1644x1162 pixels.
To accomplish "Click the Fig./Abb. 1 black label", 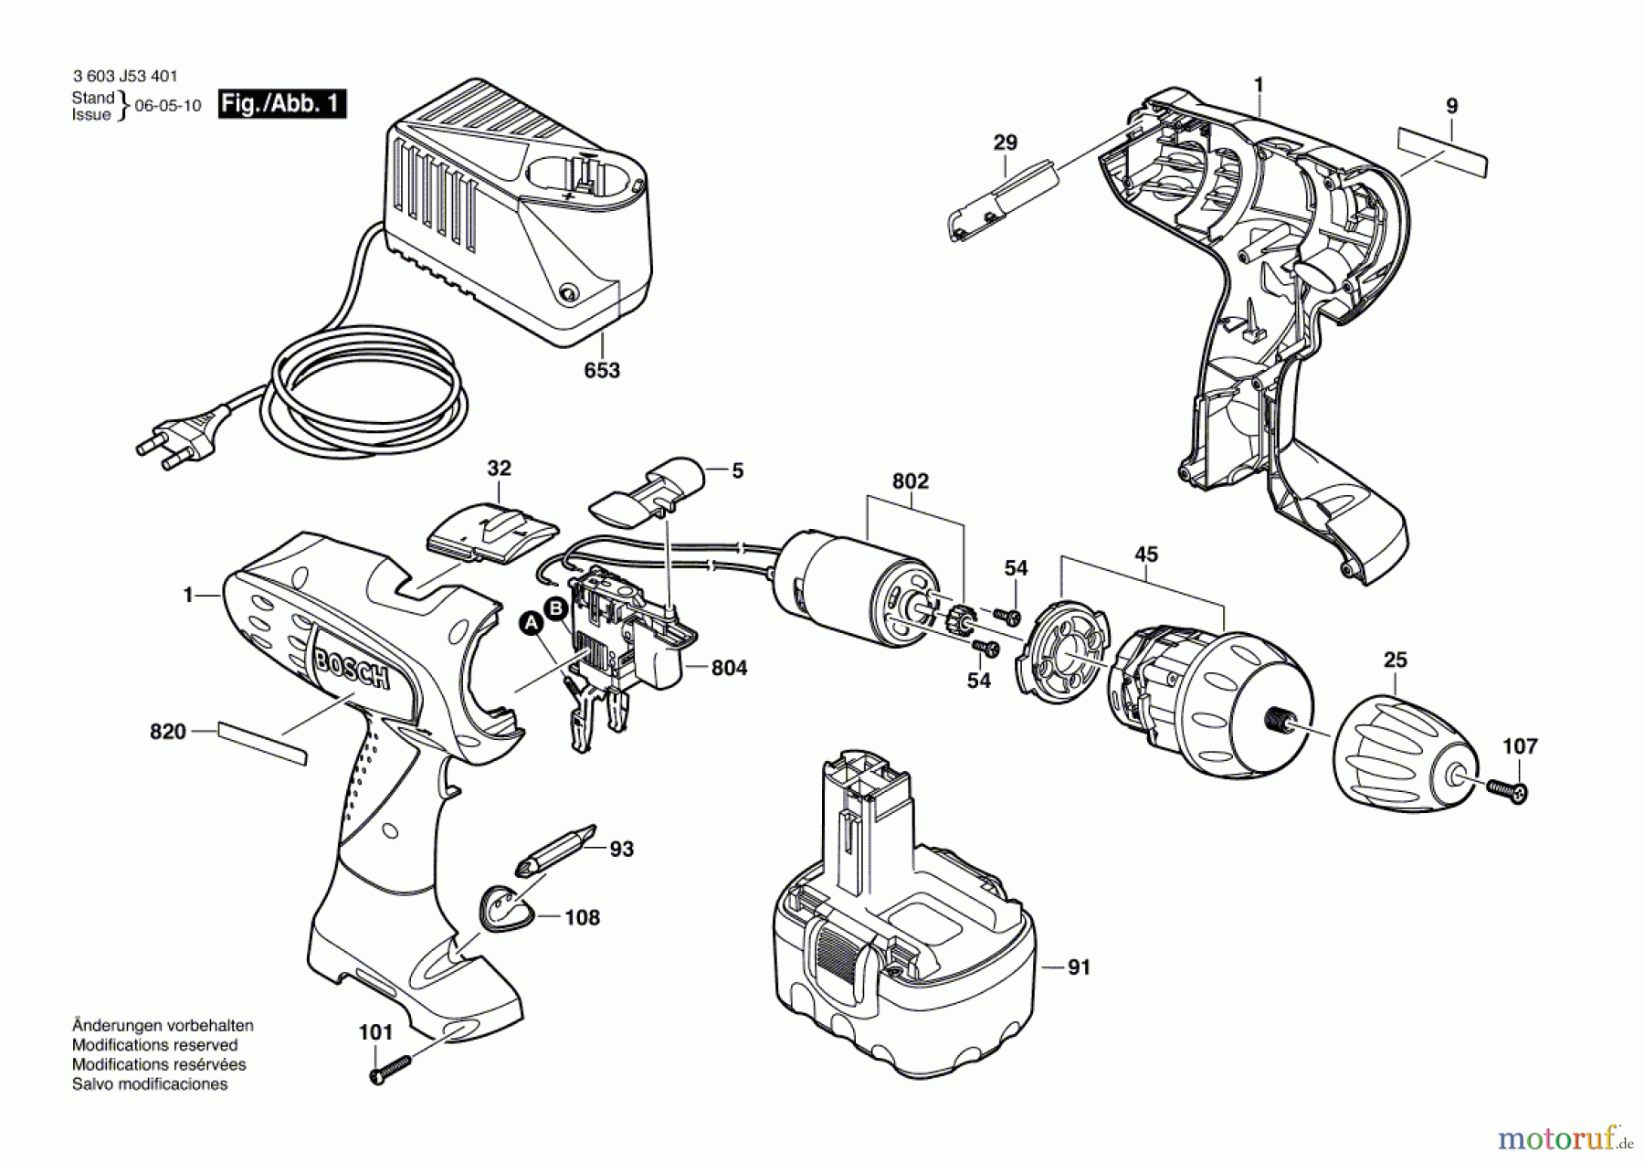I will tap(282, 103).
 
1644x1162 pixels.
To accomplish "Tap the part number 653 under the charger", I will tap(602, 370).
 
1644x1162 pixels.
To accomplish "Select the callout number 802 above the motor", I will tap(910, 481).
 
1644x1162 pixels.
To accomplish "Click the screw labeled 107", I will tap(1507, 789).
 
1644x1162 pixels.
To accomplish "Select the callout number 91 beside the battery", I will tap(1079, 967).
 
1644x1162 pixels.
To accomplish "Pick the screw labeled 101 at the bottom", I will tap(391, 1068).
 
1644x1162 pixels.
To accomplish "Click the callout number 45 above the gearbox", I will tap(1145, 555).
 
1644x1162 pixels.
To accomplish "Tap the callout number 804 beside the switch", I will tap(729, 668).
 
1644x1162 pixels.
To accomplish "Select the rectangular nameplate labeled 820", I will tap(262, 744).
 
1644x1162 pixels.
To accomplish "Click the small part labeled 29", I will tap(1002, 201).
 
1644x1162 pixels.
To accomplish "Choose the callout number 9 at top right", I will tap(1452, 106).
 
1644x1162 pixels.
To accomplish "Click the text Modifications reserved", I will tap(154, 1045).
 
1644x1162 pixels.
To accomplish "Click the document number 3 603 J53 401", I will tap(125, 77).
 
